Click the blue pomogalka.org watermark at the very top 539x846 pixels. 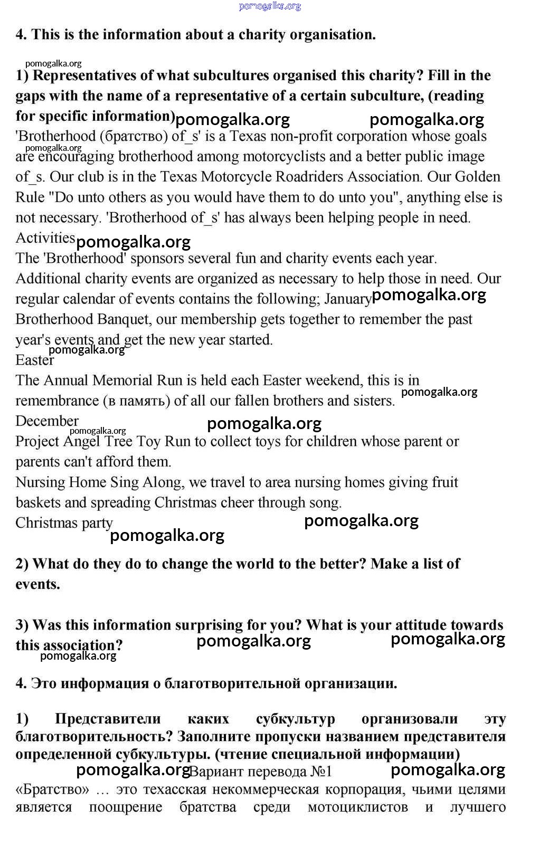270,6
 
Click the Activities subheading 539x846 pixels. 45,238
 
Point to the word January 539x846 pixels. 347,299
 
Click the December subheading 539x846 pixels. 47,421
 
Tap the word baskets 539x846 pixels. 38,503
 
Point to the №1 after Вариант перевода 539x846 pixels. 321,772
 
